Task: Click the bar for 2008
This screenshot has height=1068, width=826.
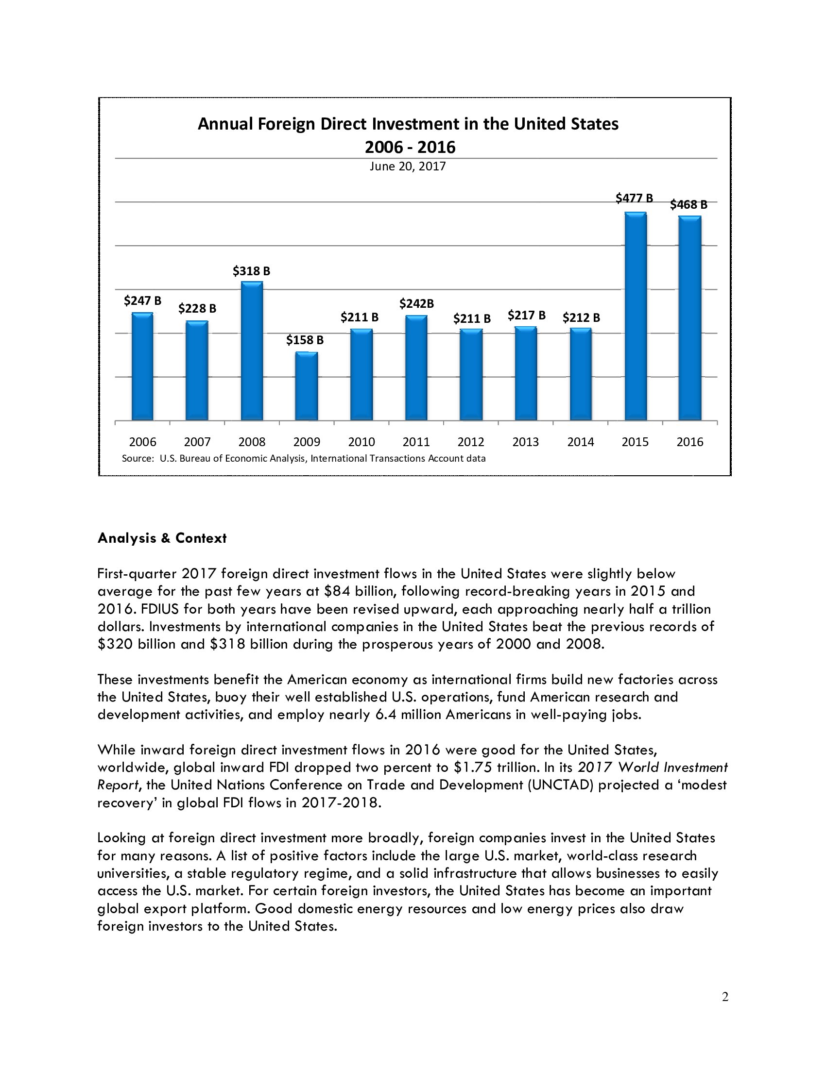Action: (252, 350)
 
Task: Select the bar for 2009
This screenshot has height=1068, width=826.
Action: (306, 386)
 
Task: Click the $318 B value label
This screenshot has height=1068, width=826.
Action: (251, 270)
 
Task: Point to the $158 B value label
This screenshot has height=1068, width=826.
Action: (305, 339)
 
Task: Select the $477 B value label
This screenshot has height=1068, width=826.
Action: (634, 198)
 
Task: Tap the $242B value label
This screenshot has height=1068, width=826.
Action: (416, 304)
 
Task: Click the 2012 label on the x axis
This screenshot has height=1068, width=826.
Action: (471, 442)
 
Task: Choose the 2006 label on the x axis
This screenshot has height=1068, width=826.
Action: (142, 442)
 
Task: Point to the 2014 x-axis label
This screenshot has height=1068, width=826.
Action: (580, 442)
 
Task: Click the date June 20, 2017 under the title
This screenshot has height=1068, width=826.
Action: (408, 166)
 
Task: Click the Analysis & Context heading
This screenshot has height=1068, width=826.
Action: (162, 538)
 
